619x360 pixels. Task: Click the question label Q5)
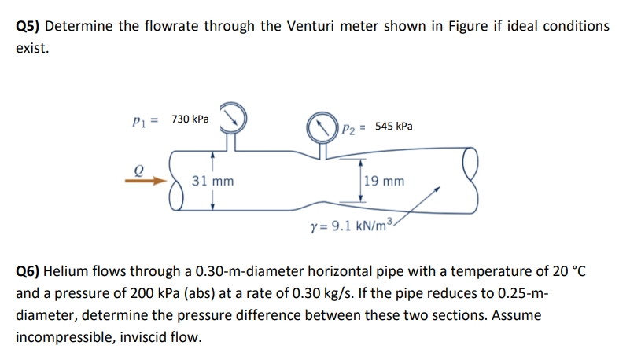coord(29,26)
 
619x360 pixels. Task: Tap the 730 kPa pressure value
coord(190,119)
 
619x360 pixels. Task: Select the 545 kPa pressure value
coord(394,126)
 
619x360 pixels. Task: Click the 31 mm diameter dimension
coord(212,182)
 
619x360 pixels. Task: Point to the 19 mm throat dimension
coord(385,182)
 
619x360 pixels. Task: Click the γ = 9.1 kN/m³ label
coord(350,227)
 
